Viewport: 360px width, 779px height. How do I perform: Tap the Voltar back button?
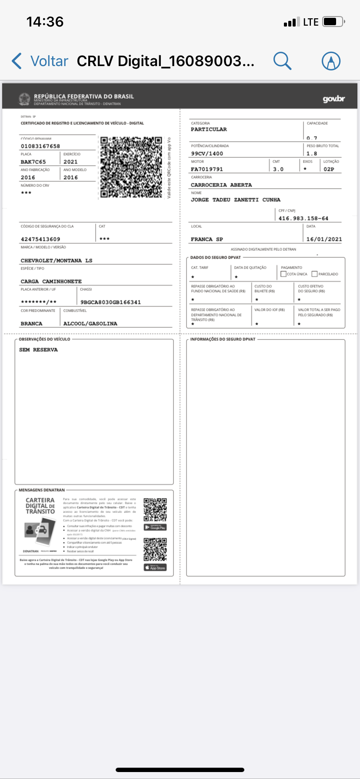tap(40, 61)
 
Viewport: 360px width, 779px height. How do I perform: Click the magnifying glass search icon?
tap(282, 61)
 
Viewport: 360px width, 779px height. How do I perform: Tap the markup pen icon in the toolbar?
tap(331, 61)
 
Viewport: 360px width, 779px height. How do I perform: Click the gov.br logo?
tap(333, 99)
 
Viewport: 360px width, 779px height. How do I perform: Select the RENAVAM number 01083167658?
tap(40, 146)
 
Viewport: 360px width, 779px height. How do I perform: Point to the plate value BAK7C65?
tap(33, 162)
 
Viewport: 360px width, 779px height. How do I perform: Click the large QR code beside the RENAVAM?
tap(131, 167)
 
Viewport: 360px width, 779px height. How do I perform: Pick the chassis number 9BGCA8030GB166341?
tap(110, 302)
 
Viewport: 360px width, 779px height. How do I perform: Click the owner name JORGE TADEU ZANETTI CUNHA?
tap(235, 200)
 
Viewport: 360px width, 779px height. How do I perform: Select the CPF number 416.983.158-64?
tap(303, 218)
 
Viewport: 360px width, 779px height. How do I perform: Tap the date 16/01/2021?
tap(324, 239)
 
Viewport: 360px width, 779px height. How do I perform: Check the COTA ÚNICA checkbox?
tap(283, 274)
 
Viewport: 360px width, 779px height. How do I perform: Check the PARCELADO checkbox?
tap(315, 274)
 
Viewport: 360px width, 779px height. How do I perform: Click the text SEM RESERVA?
tap(38, 350)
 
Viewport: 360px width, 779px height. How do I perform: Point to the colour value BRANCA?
tap(32, 324)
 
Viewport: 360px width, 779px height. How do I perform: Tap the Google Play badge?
tap(155, 527)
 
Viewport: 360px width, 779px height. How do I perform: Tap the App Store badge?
tap(155, 568)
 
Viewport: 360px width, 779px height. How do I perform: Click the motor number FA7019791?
tap(207, 169)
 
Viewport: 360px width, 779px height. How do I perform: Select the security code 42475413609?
tap(40, 239)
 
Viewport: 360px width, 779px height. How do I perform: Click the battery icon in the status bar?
tap(333, 22)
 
